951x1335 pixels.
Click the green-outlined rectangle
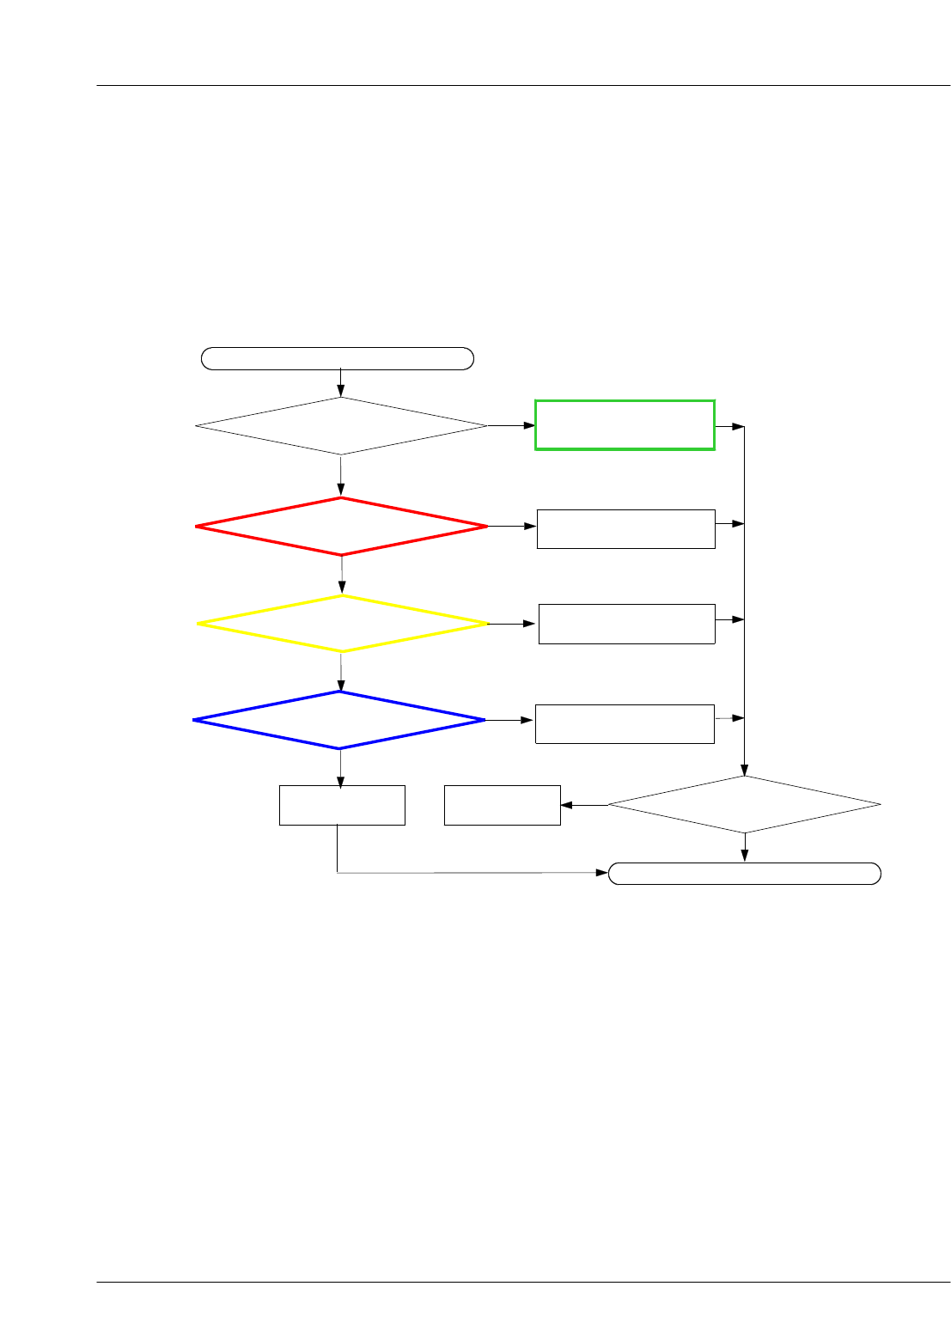(x=625, y=424)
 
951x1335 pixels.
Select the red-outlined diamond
(x=341, y=526)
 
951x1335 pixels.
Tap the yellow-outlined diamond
(x=342, y=624)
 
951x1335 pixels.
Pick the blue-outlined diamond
(x=339, y=720)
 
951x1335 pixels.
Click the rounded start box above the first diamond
(x=338, y=358)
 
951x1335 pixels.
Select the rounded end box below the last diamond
(x=745, y=874)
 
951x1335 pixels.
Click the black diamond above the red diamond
(x=341, y=425)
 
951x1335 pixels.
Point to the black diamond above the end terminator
(x=745, y=804)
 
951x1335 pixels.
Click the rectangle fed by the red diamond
(x=625, y=528)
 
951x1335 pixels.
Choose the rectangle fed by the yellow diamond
(x=626, y=624)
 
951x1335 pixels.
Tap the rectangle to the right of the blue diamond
(x=625, y=723)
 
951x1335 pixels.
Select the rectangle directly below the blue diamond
(x=342, y=805)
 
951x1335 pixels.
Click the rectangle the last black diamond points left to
(x=502, y=805)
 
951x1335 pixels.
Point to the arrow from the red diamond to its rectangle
(x=512, y=526)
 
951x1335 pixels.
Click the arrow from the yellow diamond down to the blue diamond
(x=341, y=672)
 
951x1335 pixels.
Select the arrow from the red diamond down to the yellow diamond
(x=342, y=575)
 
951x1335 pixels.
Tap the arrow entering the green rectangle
(x=511, y=425)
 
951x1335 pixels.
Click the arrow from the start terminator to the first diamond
(x=341, y=383)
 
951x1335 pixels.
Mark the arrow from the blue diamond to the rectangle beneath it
(x=340, y=767)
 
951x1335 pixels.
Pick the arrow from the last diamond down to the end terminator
(x=745, y=847)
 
